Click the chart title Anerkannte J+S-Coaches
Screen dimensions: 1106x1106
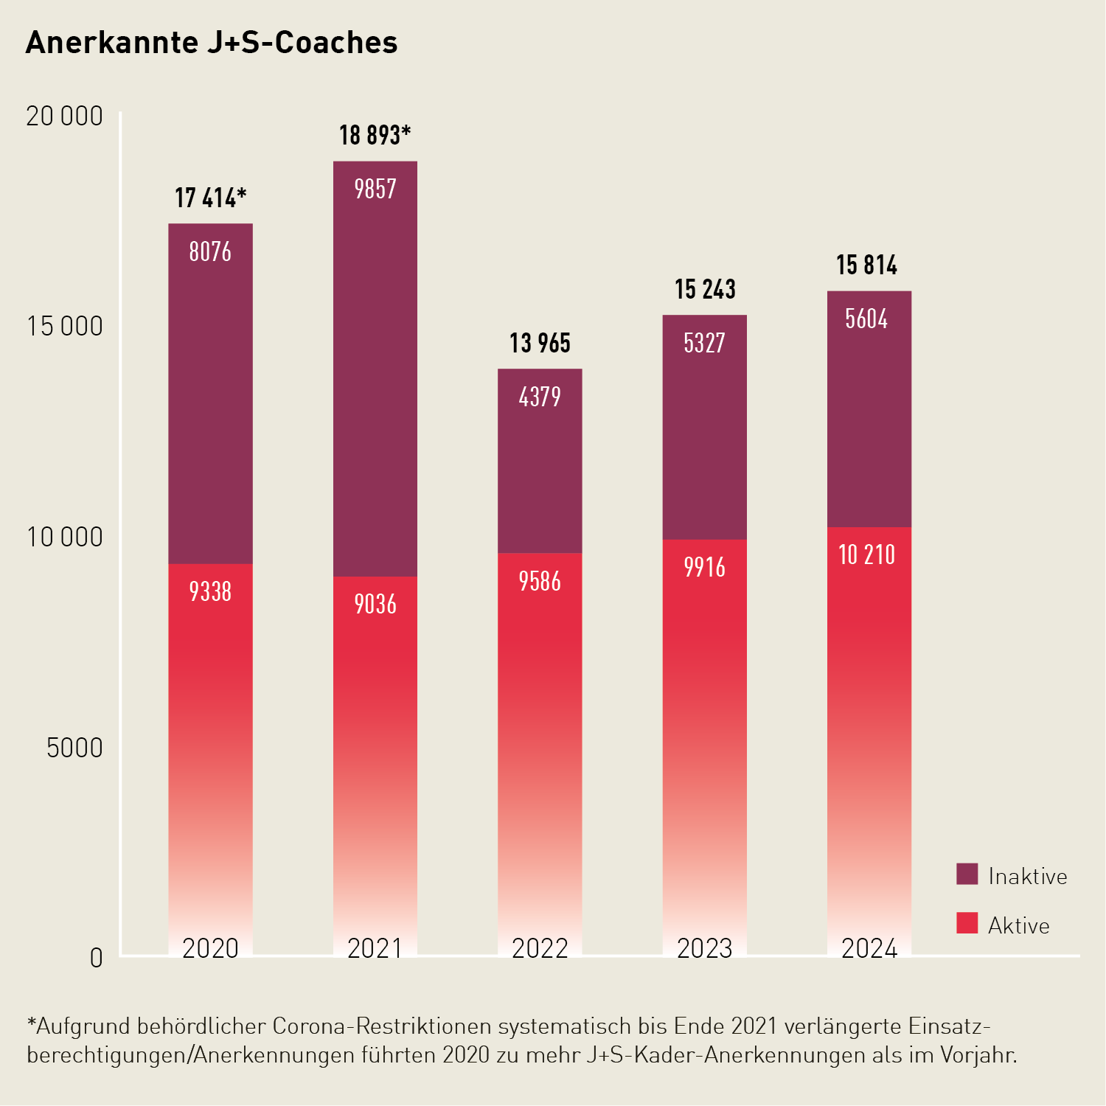point(212,43)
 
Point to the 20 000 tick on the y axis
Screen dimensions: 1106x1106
point(64,116)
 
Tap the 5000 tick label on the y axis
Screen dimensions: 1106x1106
point(74,748)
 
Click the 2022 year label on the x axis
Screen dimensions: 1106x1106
point(540,948)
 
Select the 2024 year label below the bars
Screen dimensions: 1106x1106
point(869,948)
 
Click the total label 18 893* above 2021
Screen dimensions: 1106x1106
point(375,136)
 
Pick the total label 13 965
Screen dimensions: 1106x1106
point(540,344)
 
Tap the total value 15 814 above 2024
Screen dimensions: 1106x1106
point(866,265)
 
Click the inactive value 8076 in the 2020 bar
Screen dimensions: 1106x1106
point(210,252)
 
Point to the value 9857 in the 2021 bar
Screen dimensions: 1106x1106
point(375,189)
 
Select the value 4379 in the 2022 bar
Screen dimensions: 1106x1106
point(540,397)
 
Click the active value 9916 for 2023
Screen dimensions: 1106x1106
point(704,567)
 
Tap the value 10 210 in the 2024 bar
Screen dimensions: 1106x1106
point(866,554)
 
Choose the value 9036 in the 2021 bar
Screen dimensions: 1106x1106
point(375,604)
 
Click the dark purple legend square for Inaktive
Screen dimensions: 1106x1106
point(967,874)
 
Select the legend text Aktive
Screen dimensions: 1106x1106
point(1018,925)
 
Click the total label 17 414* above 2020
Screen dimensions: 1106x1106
point(210,198)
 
